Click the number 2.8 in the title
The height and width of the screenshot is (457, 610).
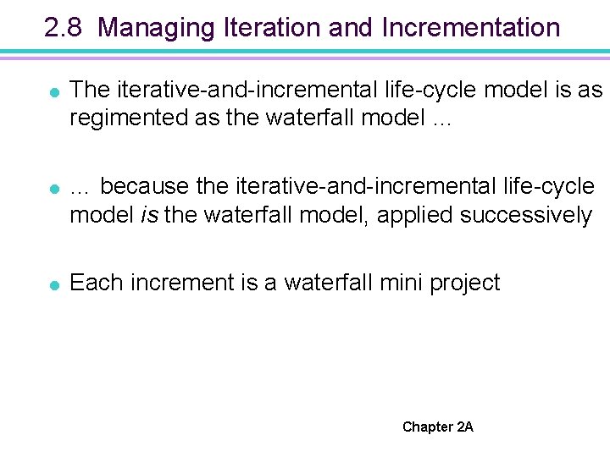[64, 28]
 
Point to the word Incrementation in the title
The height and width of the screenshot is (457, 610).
[471, 28]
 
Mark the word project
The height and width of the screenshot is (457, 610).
[465, 284]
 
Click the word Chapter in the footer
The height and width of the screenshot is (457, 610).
[428, 427]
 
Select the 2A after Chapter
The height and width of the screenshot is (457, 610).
[465, 427]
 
